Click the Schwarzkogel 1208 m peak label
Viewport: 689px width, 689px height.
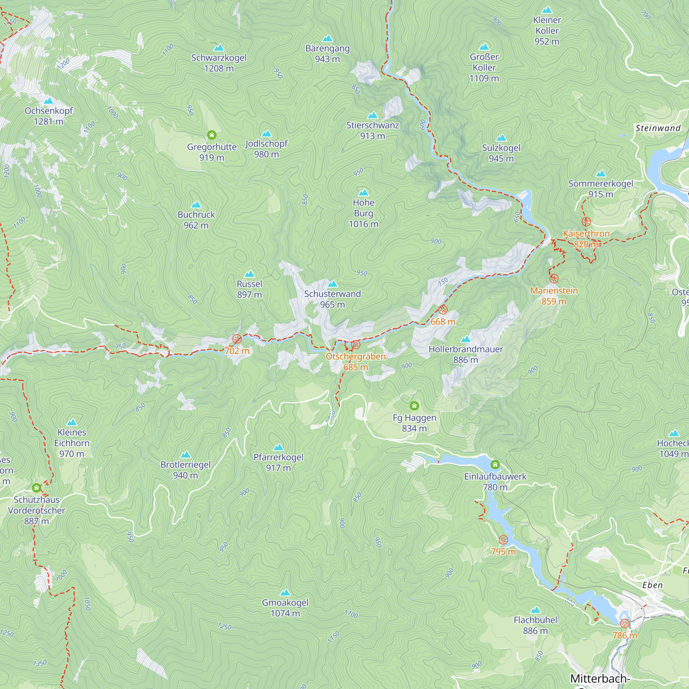point(219,63)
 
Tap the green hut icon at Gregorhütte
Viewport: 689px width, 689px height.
point(212,135)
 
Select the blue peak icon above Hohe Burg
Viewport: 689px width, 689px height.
point(363,193)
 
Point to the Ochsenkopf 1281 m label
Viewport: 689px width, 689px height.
point(49,116)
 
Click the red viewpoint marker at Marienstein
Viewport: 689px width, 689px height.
point(554,278)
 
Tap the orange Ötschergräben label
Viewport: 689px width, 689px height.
point(356,357)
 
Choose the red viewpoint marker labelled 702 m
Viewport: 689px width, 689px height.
point(237,339)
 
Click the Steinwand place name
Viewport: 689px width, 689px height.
point(658,128)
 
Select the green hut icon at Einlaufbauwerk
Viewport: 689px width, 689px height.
point(495,464)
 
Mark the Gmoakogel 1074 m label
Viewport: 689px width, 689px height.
point(285,608)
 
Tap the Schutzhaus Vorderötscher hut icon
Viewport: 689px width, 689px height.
point(37,487)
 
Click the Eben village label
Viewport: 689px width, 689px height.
point(652,585)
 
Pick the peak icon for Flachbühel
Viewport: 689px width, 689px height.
point(535,610)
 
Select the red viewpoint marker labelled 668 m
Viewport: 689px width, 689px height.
point(443,310)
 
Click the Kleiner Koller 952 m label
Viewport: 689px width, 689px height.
point(547,31)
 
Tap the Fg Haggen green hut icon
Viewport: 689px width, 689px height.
point(414,406)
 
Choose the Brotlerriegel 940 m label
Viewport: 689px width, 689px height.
point(185,470)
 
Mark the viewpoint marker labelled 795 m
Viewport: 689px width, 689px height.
point(503,539)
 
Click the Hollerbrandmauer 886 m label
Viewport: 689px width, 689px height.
point(465,354)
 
